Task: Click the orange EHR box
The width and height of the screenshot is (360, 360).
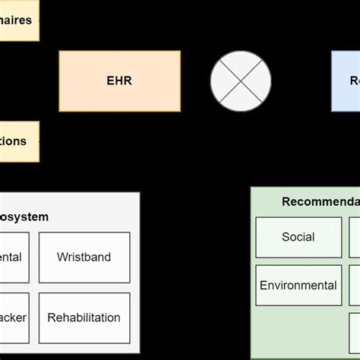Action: pos(119,81)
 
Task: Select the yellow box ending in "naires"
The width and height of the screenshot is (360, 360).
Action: pos(19,21)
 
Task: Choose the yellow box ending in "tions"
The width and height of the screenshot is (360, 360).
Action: pos(19,141)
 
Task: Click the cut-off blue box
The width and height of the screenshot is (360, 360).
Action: pos(346,81)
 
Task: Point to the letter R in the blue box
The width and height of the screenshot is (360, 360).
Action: pos(353,81)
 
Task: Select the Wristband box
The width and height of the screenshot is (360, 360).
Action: pos(84,257)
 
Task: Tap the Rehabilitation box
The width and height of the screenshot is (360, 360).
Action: pos(84,318)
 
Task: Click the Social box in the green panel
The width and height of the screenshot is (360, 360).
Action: pos(298,237)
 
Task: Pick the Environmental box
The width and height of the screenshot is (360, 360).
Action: pos(298,286)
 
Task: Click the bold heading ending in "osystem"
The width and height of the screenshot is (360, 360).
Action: pos(24,217)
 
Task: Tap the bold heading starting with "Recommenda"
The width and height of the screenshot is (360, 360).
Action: pos(320,201)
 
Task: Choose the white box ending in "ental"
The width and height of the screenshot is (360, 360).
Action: pos(14,257)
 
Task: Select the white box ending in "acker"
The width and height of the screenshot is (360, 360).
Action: pos(14,318)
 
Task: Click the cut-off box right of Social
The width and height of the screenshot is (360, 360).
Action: pos(355,237)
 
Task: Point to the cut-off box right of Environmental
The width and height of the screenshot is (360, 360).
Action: pos(355,286)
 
